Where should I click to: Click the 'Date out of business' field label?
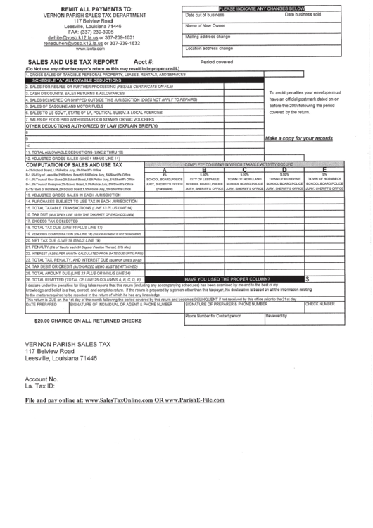click(205, 15)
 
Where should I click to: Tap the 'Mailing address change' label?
click(208, 36)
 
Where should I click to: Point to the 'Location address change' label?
click(209, 49)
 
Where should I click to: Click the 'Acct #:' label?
click(143, 62)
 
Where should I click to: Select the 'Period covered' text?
click(216, 62)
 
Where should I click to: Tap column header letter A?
click(164, 170)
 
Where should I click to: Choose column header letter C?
click(244, 170)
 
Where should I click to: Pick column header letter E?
click(324, 170)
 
